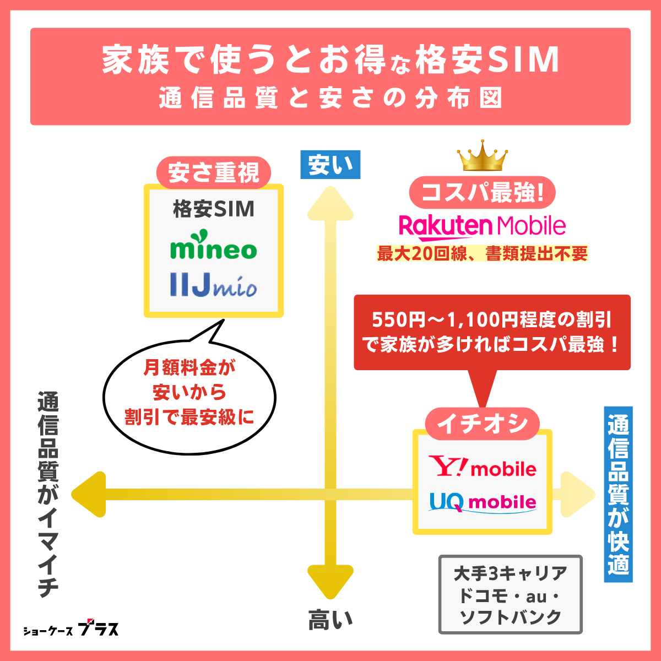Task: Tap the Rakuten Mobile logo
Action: [482, 226]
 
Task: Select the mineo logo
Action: [214, 249]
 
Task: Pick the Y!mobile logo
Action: [483, 467]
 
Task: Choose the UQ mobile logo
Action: [483, 502]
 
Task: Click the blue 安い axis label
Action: [330, 165]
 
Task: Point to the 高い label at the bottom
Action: [330, 620]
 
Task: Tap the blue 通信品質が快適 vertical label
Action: [618, 494]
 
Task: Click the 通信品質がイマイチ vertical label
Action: [48, 494]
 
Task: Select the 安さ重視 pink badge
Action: [214, 173]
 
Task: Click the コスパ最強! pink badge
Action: [483, 193]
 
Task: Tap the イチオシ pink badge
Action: [483, 424]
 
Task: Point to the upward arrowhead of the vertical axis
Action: [330, 204]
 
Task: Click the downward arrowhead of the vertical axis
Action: [330, 581]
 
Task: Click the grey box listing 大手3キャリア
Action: [510, 594]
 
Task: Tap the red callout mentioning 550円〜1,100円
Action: [491, 332]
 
